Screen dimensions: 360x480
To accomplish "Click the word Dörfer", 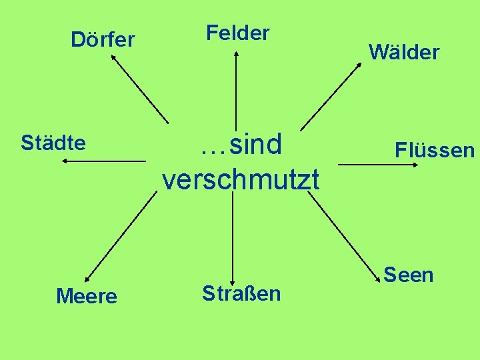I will (x=103, y=40).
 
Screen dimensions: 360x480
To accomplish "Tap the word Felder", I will (x=238, y=33).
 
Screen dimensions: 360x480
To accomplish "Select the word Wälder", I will (x=404, y=52).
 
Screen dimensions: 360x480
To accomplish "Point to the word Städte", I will (x=53, y=143).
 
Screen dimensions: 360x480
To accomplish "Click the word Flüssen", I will (x=434, y=151).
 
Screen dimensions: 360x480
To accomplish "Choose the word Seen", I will (x=409, y=275).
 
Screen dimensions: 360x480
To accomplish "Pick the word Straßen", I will (x=241, y=293).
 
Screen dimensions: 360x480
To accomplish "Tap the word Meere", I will (x=87, y=296).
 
